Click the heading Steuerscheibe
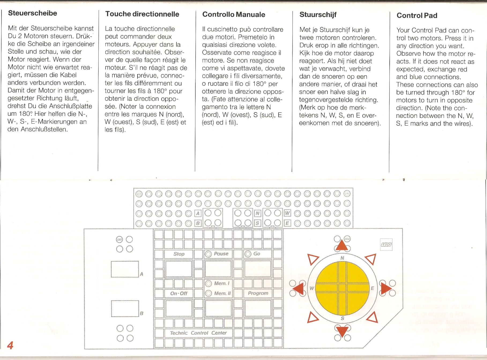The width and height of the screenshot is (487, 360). pyautogui.click(x=32, y=13)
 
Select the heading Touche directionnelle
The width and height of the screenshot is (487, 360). pyautogui.click(x=142, y=14)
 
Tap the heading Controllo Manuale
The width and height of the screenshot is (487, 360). pyautogui.click(x=234, y=14)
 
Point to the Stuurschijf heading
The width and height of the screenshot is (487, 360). pyautogui.click(x=318, y=15)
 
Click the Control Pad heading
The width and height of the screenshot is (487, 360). pyautogui.click(x=417, y=16)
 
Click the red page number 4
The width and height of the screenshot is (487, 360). pyautogui.click(x=10, y=345)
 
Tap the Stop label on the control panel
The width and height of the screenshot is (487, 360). pyautogui.click(x=179, y=254)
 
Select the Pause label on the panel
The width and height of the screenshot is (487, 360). pyautogui.click(x=221, y=254)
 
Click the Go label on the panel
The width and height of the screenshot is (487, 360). pyautogui.click(x=257, y=254)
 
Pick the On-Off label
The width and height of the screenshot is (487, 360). pyautogui.click(x=179, y=293)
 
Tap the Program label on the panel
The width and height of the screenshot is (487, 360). pyautogui.click(x=258, y=293)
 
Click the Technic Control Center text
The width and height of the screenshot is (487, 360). pyautogui.click(x=198, y=333)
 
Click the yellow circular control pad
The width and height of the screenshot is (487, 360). pyautogui.click(x=342, y=288)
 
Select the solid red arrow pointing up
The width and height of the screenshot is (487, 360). pyautogui.click(x=342, y=245)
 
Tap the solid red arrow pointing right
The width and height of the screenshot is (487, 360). pyautogui.click(x=386, y=288)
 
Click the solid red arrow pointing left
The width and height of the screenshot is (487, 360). pyautogui.click(x=298, y=288)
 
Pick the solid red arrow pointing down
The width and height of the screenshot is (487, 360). pyautogui.click(x=342, y=332)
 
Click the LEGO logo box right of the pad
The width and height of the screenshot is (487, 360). pyautogui.click(x=386, y=245)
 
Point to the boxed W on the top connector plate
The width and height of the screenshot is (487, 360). pyautogui.click(x=287, y=213)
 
